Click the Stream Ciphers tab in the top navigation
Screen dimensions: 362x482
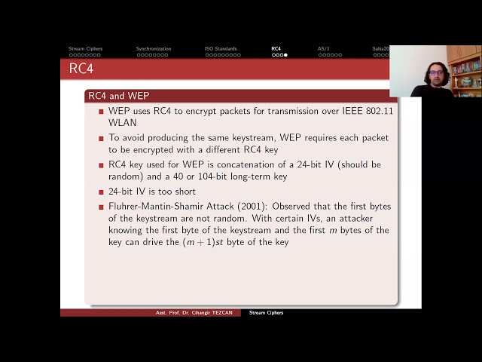(85, 48)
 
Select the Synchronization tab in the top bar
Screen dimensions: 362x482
(153, 48)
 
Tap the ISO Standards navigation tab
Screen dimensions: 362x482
(221, 48)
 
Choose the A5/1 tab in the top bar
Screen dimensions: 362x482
(324, 48)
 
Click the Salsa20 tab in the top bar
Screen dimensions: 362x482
(380, 48)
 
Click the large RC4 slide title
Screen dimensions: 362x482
(81, 69)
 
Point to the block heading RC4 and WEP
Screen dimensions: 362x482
(118, 96)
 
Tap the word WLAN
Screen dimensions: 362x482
(122, 122)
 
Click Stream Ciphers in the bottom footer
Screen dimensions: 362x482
(266, 312)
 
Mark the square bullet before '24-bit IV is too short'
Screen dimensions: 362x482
(101, 192)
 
